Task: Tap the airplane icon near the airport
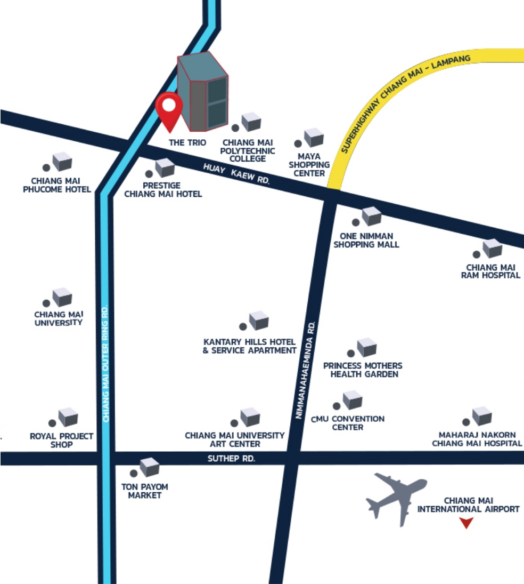(x=396, y=497)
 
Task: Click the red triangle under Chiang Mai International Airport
(x=466, y=523)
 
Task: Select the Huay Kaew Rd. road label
(x=236, y=173)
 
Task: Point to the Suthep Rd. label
(x=232, y=459)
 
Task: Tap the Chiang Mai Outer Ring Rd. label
(x=105, y=363)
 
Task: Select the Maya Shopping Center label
(x=309, y=165)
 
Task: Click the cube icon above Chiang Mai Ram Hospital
(x=492, y=248)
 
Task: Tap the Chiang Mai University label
(x=59, y=318)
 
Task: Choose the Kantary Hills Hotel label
(x=249, y=346)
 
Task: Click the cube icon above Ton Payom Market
(x=150, y=467)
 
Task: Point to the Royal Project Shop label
(x=61, y=440)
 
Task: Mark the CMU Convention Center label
(x=348, y=423)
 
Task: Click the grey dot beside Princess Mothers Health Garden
(x=350, y=353)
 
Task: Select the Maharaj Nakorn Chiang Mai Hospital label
(x=477, y=439)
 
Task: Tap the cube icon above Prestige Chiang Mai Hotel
(x=165, y=167)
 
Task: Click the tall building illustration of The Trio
(x=203, y=91)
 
